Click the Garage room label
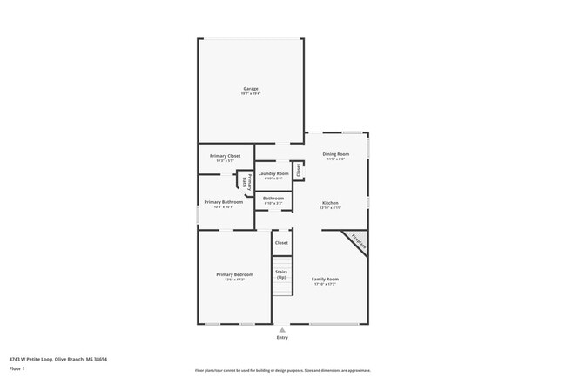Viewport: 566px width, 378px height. (x=250, y=88)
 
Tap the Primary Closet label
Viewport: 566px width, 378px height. (x=225, y=156)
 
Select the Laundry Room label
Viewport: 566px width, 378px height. (x=273, y=173)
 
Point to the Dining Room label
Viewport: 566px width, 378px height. (x=335, y=154)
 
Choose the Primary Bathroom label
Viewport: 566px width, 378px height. (x=224, y=202)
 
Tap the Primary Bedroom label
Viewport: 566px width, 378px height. (x=234, y=274)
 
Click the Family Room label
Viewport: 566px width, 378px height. (x=325, y=279)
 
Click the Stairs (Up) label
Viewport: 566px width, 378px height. (x=281, y=274)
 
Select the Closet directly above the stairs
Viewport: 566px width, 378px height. (x=281, y=243)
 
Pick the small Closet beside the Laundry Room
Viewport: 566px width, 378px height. (x=299, y=170)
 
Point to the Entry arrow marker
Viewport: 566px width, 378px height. (x=281, y=330)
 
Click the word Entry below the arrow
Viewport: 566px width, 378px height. (x=281, y=337)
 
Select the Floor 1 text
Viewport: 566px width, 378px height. (x=17, y=368)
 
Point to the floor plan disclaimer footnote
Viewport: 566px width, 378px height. (x=282, y=370)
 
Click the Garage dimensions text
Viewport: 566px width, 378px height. (x=250, y=93)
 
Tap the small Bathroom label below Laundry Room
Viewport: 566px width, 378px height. (x=273, y=198)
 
